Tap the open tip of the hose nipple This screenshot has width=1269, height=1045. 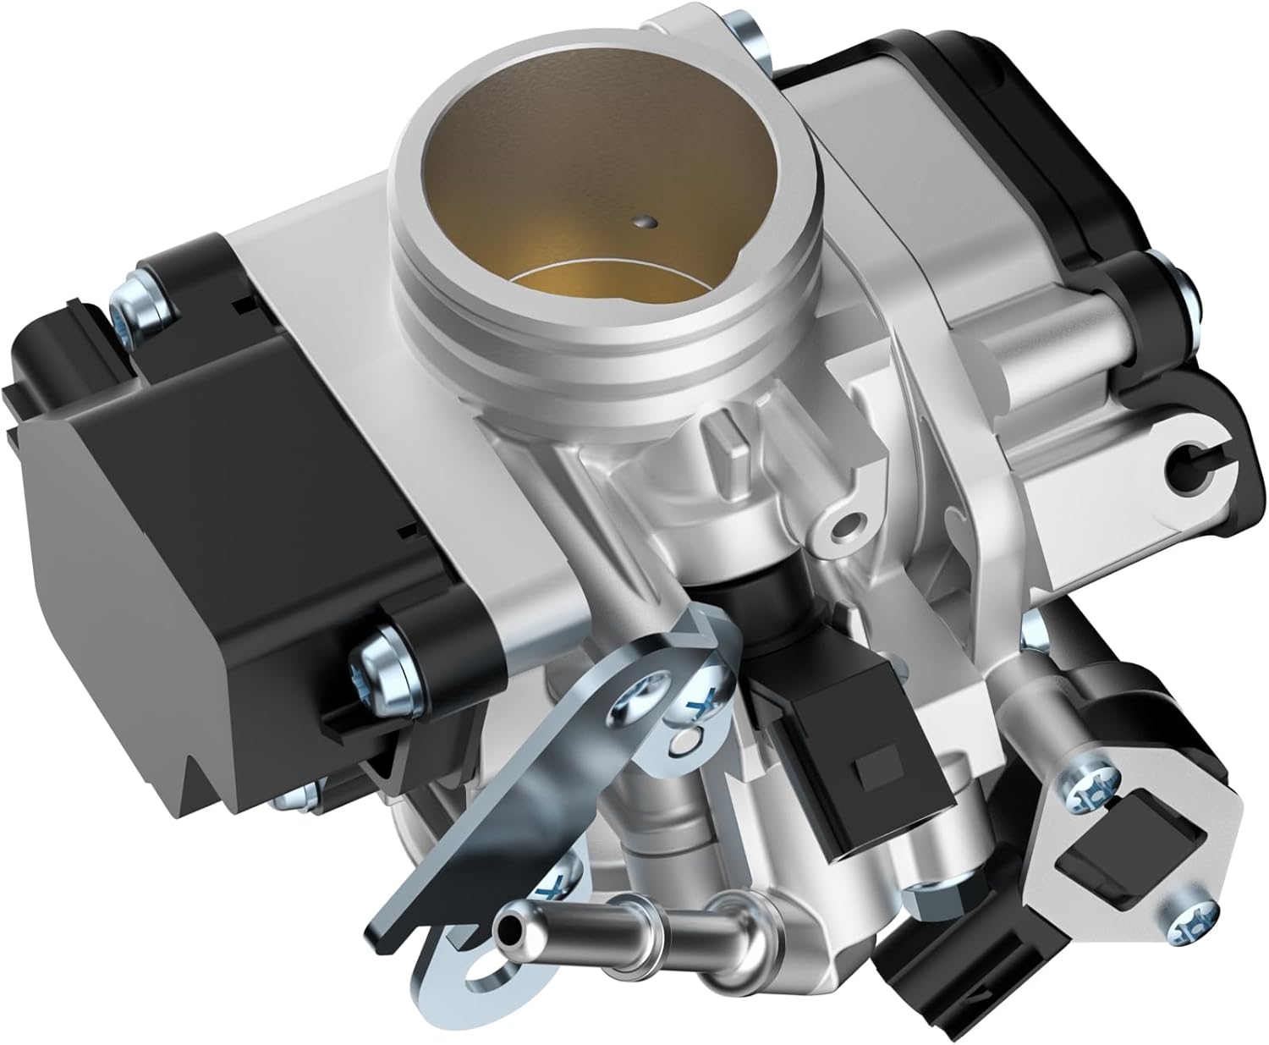508,933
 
